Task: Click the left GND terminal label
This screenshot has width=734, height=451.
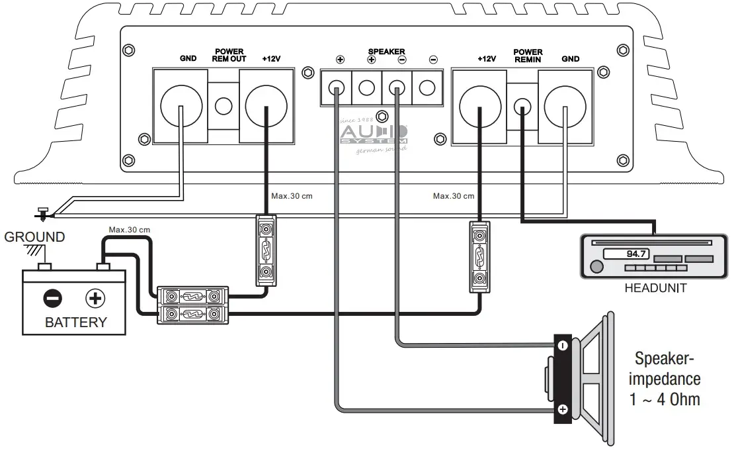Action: (188, 58)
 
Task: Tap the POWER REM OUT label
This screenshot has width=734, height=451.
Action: (228, 55)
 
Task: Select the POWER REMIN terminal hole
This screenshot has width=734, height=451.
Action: (522, 106)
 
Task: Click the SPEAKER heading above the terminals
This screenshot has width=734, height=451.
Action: (386, 51)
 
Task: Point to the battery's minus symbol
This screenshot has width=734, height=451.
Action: (52, 299)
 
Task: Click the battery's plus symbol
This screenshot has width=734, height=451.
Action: (95, 299)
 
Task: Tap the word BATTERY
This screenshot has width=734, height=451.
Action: (75, 323)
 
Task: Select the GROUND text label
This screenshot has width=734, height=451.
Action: (34, 236)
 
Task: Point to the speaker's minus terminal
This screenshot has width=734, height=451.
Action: (562, 345)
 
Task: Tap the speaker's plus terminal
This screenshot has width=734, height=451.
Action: (562, 409)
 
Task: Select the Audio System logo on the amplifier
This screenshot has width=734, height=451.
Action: (374, 134)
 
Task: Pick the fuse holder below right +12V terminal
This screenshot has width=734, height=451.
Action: (480, 257)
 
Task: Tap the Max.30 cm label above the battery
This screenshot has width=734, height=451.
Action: (130, 230)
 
